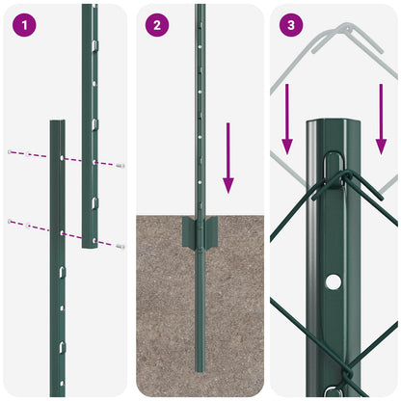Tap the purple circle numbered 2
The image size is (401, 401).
click(x=157, y=25)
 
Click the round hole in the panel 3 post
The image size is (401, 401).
click(x=334, y=281)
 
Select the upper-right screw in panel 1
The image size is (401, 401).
click(x=120, y=166)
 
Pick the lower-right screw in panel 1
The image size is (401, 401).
click(x=120, y=247)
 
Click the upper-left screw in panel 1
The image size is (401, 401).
click(x=11, y=152)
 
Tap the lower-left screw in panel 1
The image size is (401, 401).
click(x=11, y=222)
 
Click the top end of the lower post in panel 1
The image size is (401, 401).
click(x=57, y=123)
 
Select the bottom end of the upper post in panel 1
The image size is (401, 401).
click(x=91, y=247)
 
